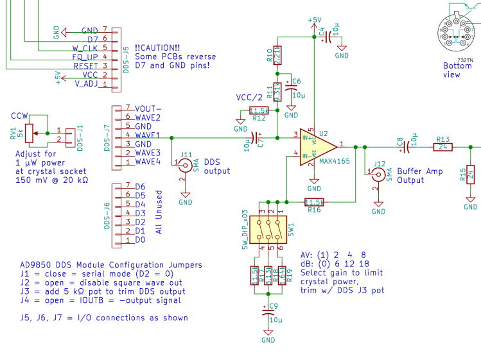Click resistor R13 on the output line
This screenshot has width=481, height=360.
pyautogui.click(x=442, y=146)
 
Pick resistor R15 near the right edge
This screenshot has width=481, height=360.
pyautogui.click(x=471, y=174)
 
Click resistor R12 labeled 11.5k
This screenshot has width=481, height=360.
pyautogui.click(x=259, y=110)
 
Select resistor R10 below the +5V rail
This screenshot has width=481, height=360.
pyautogui.click(x=277, y=56)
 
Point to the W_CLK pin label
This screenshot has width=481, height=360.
pyautogui.click(x=85, y=48)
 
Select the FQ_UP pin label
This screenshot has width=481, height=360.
pyautogui.click(x=85, y=57)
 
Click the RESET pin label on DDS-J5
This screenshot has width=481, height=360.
pyautogui.click(x=85, y=66)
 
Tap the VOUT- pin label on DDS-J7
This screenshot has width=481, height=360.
pyautogui.click(x=148, y=108)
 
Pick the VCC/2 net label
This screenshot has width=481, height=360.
pyautogui.click(x=249, y=98)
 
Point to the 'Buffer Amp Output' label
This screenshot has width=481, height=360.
pyautogui.click(x=419, y=175)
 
